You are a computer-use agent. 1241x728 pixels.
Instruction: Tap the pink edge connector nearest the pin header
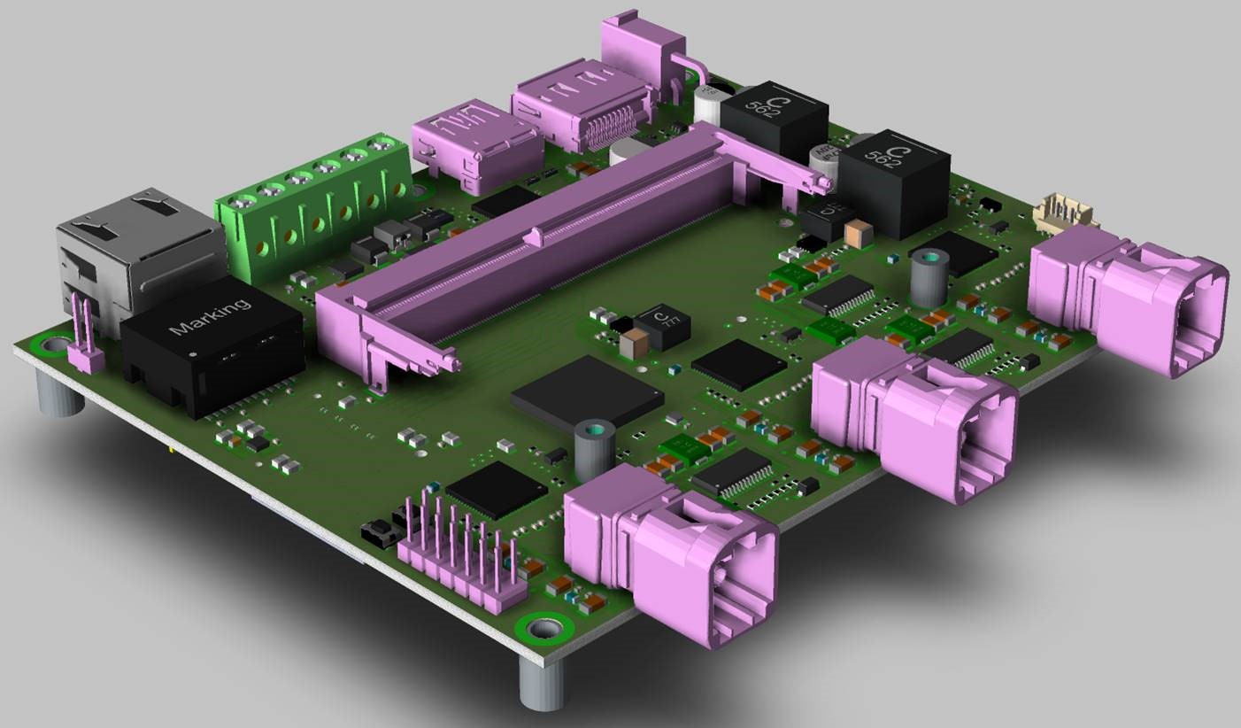pyautogui.click(x=673, y=554)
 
